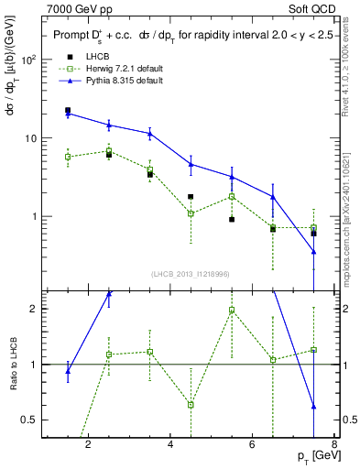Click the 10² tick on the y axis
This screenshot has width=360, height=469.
[28, 60]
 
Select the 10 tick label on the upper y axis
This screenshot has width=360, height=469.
[30, 138]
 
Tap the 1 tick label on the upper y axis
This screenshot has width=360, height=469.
[33, 217]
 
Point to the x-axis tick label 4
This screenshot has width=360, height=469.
[171, 446]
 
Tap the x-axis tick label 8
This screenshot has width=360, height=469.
[334, 446]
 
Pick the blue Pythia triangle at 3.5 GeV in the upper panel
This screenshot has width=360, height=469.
[149, 134]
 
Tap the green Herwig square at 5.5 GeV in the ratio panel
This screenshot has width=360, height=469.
[232, 310]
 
